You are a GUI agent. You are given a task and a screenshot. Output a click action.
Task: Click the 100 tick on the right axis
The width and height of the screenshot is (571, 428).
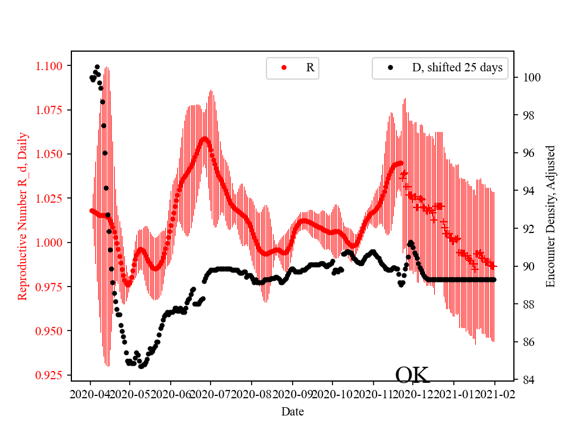pyautogui.click(x=532, y=77)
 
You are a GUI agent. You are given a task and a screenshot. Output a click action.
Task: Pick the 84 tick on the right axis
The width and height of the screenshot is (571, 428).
pyautogui.click(x=529, y=380)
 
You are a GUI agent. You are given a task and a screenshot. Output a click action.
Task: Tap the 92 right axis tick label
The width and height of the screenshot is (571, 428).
pyautogui.click(x=529, y=229)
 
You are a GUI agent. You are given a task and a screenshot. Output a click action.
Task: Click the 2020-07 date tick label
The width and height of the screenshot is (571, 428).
pyautogui.click(x=211, y=394)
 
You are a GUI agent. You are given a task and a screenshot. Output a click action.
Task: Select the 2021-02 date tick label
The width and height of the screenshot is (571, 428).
pyautogui.click(x=494, y=394)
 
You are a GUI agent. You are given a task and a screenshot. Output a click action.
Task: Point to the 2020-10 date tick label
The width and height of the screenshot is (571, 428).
pyautogui.click(x=332, y=394)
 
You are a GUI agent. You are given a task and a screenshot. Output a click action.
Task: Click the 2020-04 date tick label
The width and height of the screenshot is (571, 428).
pyautogui.click(x=90, y=394)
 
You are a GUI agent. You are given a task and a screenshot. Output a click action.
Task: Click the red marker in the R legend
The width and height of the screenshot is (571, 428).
pyautogui.click(x=284, y=68)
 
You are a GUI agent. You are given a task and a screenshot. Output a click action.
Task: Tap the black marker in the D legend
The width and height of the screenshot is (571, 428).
pyautogui.click(x=390, y=68)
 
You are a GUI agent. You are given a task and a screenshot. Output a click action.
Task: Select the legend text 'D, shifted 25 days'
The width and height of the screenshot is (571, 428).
pyautogui.click(x=457, y=68)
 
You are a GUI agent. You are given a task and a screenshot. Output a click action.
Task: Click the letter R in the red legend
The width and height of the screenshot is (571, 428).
pyautogui.click(x=310, y=68)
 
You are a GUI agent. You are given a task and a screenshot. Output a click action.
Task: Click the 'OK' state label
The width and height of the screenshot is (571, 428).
pyautogui.click(x=412, y=374)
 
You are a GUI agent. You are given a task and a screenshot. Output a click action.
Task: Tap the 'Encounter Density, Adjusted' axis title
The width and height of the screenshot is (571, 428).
pyautogui.click(x=550, y=216)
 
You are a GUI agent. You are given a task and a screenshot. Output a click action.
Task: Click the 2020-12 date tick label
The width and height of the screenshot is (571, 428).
pyautogui.click(x=413, y=394)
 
